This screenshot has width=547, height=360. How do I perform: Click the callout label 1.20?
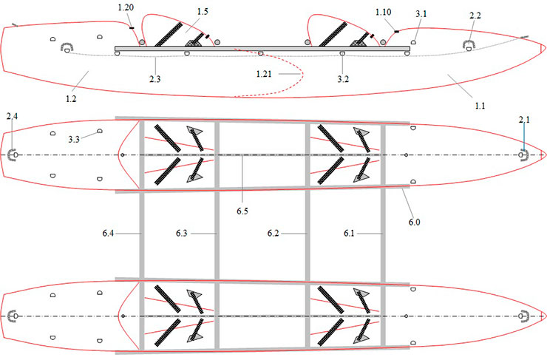point(126,7)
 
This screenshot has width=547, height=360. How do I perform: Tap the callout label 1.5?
point(203,12)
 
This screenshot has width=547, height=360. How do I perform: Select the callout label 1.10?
point(383,13)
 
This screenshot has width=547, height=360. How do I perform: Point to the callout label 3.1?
point(421,14)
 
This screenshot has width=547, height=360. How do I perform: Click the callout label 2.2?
point(475,16)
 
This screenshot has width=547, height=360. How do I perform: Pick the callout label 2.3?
point(155,79)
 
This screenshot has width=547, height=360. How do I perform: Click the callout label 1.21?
point(263,74)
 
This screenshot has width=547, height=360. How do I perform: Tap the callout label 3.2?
point(343,79)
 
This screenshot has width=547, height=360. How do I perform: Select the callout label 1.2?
point(71,99)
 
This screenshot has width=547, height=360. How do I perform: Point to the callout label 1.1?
point(480,106)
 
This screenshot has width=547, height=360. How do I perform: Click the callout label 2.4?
point(12,116)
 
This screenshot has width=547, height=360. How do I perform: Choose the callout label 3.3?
point(74,140)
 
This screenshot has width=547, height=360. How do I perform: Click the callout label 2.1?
point(524,120)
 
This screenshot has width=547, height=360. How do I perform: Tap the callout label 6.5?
point(242,211)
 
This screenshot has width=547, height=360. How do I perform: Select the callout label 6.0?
point(415,223)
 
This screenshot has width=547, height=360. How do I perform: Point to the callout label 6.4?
point(108,233)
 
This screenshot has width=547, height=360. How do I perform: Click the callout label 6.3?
point(181,233)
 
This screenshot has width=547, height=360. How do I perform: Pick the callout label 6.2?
point(273,233)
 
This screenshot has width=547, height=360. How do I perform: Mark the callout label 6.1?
point(349,233)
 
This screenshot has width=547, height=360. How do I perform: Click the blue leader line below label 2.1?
point(523,137)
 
